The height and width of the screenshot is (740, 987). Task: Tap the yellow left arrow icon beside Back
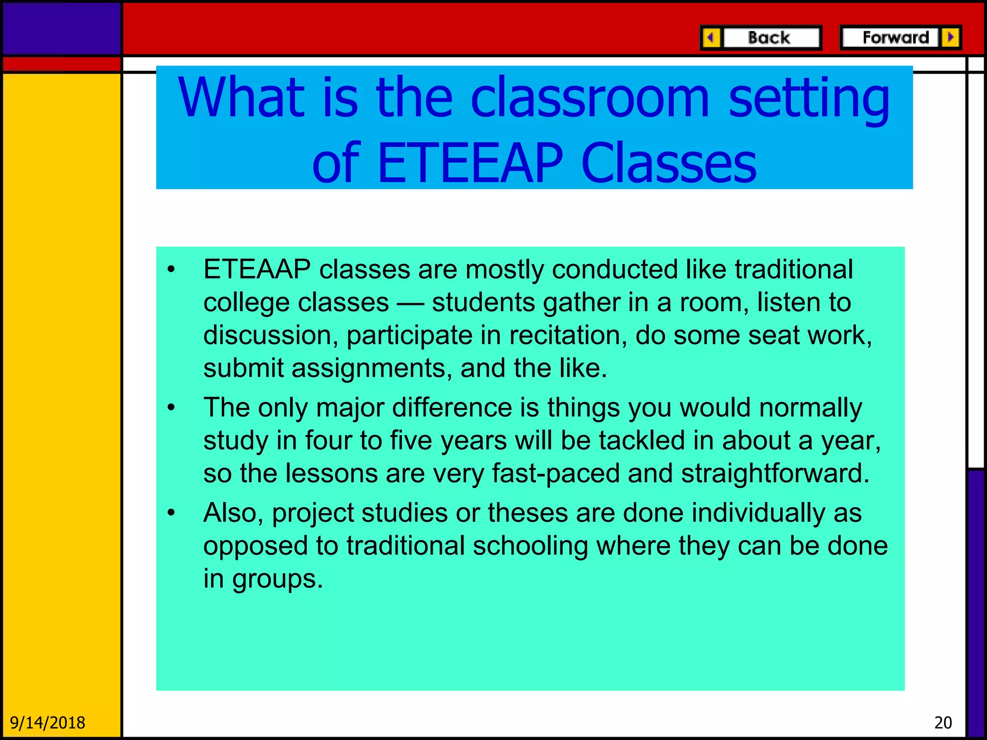point(711,38)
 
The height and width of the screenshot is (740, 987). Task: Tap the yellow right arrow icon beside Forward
point(950,38)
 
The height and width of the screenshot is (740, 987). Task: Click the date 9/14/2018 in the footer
point(47,723)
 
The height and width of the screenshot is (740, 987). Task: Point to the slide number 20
point(943,723)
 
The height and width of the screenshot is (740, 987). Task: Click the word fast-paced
point(556,473)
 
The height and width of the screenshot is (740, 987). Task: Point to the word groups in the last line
point(277,579)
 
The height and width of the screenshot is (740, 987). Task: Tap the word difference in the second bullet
point(452,408)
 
